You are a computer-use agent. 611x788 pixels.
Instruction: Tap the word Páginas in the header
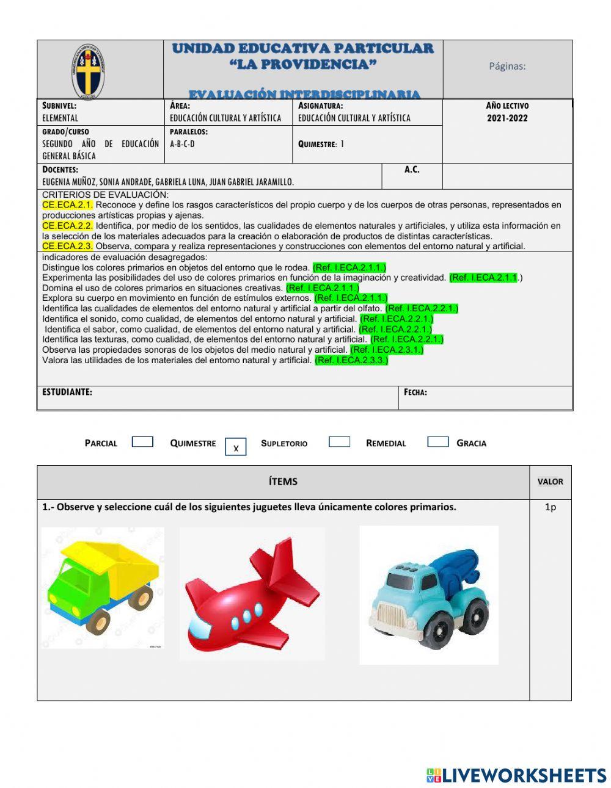pyautogui.click(x=507, y=66)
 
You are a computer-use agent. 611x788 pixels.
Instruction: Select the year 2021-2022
pyautogui.click(x=507, y=118)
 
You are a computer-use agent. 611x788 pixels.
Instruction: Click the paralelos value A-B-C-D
pyautogui.click(x=182, y=144)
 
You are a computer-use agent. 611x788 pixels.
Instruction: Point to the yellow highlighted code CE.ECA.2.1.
pyautogui.click(x=67, y=205)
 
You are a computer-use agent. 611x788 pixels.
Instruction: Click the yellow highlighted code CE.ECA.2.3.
pyautogui.click(x=67, y=246)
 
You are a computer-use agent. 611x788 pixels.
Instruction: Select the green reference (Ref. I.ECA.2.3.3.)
pyautogui.click(x=351, y=360)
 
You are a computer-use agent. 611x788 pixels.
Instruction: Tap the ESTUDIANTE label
pyautogui.click(x=67, y=392)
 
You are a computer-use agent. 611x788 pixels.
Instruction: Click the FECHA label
pyautogui.click(x=415, y=392)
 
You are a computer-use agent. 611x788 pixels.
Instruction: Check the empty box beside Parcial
pyautogui.click(x=142, y=442)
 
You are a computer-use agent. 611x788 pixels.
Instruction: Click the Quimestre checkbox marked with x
pyautogui.click(x=236, y=447)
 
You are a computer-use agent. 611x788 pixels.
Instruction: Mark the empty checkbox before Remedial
pyautogui.click(x=339, y=442)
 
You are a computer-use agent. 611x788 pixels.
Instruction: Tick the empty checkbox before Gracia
pyautogui.click(x=437, y=442)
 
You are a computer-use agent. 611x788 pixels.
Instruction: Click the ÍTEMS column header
pyautogui.click(x=283, y=482)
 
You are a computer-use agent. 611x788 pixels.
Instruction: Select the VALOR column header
pyautogui.click(x=551, y=482)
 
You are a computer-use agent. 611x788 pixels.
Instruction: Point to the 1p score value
pyautogui.click(x=551, y=507)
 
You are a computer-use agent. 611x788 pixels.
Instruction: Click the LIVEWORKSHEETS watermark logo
pyautogui.click(x=516, y=775)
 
